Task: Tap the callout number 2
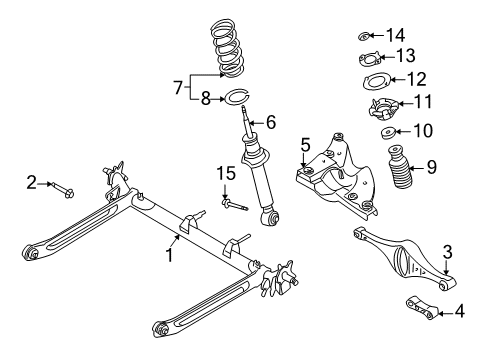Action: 32,182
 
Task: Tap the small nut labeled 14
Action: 366,36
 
